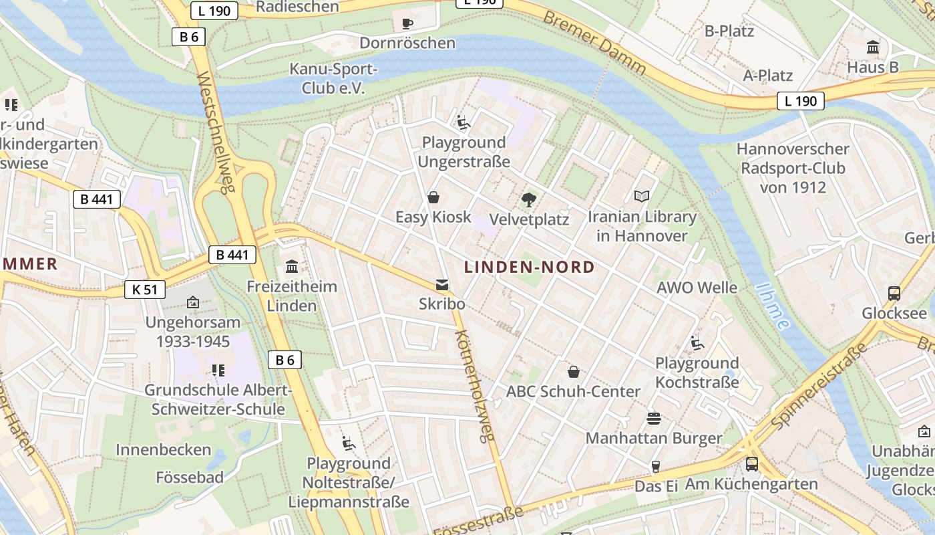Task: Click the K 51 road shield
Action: tap(145, 290)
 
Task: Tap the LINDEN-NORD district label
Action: tap(529, 267)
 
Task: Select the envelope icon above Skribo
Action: tap(441, 285)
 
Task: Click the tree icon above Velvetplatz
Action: tap(529, 199)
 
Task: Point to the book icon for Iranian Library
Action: tap(641, 197)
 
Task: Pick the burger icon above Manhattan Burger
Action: tap(654, 419)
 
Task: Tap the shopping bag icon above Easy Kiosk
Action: tap(433, 197)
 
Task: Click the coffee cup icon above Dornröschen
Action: tap(407, 24)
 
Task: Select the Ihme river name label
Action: tap(773, 306)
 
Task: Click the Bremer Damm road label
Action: tap(594, 43)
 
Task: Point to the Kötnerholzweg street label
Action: tap(475, 386)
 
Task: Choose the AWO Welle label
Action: tap(697, 288)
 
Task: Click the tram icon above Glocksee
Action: tap(894, 293)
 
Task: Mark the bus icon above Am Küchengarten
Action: tap(751, 463)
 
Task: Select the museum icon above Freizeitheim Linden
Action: tap(292, 267)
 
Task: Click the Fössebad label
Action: tap(190, 477)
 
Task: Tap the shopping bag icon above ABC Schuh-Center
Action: tap(573, 372)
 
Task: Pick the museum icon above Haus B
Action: tap(873, 47)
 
